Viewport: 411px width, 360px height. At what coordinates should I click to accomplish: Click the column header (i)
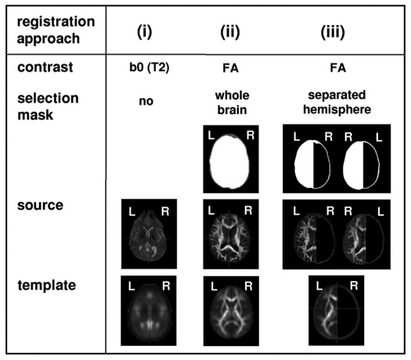(144, 32)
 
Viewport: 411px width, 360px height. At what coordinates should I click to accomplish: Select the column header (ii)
(230, 32)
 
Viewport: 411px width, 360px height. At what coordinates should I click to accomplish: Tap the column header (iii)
(333, 32)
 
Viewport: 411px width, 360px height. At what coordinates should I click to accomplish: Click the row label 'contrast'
(45, 67)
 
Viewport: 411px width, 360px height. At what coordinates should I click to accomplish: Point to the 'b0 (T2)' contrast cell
(150, 67)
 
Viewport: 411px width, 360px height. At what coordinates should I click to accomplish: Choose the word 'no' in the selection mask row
(146, 101)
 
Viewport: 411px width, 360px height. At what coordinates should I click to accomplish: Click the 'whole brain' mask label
(232, 103)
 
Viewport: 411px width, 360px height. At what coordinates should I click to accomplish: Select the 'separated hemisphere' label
(337, 103)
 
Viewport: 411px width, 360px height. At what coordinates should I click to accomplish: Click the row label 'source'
(40, 205)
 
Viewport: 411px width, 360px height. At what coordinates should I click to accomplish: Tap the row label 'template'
(47, 285)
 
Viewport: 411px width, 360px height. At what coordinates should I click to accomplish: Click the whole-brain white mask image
(231, 159)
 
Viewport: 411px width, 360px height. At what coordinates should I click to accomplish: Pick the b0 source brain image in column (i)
(149, 234)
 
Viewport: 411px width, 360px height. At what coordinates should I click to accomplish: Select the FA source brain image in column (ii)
(231, 234)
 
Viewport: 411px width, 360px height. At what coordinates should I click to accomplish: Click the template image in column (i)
(149, 311)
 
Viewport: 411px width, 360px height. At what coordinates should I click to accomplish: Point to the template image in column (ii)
(231, 311)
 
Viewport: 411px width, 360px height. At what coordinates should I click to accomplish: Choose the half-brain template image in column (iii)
(337, 310)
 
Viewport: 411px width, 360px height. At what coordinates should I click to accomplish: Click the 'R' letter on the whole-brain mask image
(251, 135)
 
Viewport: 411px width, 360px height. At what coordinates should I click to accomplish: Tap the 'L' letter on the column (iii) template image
(319, 286)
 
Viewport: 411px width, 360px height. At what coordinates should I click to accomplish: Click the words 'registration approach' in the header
(56, 30)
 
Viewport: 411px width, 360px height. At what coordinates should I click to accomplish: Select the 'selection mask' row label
(48, 106)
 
